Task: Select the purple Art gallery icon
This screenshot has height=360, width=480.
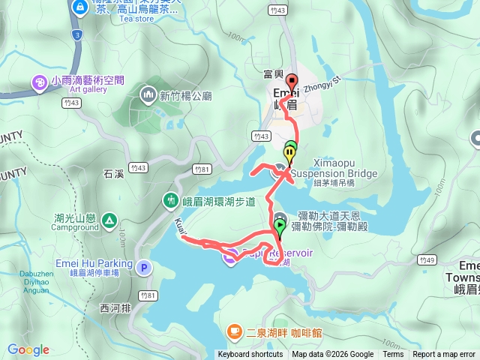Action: click(x=40, y=81)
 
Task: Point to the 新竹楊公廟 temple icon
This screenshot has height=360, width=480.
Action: click(x=148, y=95)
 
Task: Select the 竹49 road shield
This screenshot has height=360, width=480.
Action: click(x=427, y=260)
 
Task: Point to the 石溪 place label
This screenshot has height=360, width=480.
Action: click(x=114, y=175)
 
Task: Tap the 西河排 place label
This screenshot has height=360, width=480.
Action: click(x=115, y=308)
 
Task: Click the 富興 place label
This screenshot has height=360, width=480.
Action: click(x=274, y=74)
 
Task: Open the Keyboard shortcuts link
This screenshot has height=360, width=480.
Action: click(x=250, y=355)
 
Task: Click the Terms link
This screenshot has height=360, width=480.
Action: click(x=393, y=355)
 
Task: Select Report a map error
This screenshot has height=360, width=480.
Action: click(x=443, y=355)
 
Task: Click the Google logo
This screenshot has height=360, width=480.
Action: click(x=28, y=349)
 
